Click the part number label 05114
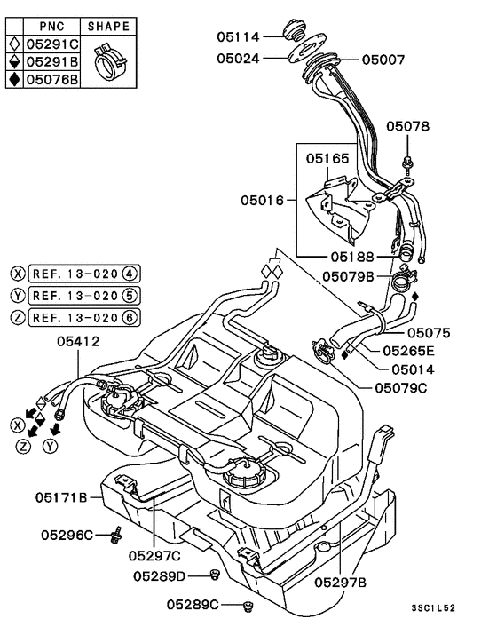pos(239,36)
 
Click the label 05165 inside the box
pos(329,158)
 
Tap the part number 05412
pos(79,340)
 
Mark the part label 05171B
pos(62,497)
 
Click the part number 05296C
pos(67,535)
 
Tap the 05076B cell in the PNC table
pos(51,79)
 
